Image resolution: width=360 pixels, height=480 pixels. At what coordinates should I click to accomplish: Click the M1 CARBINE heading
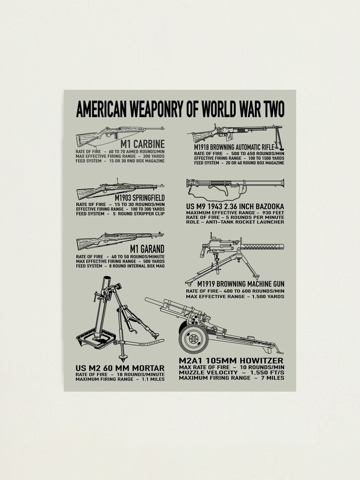pos(143,144)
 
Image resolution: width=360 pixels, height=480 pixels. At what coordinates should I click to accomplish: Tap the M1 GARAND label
pos(147,249)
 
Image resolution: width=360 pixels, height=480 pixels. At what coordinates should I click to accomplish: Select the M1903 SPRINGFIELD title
pos(140,197)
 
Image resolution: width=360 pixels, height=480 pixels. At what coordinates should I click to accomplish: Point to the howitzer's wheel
pos(193,339)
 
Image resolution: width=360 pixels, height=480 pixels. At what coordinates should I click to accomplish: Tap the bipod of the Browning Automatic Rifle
pos(277,138)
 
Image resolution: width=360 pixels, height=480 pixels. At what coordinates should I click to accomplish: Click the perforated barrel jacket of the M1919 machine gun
pos(262,246)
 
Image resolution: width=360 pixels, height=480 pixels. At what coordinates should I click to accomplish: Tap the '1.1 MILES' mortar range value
pos(153,379)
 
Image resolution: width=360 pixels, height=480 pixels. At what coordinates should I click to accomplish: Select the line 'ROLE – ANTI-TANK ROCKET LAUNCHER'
pos(235,222)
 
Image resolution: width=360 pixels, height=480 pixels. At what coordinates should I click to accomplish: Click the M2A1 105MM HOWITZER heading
pos(231,360)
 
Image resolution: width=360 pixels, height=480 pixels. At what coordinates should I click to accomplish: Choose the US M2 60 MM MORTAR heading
pos(120,368)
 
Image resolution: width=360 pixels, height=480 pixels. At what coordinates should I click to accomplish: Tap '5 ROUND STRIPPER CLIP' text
pos(139,214)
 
